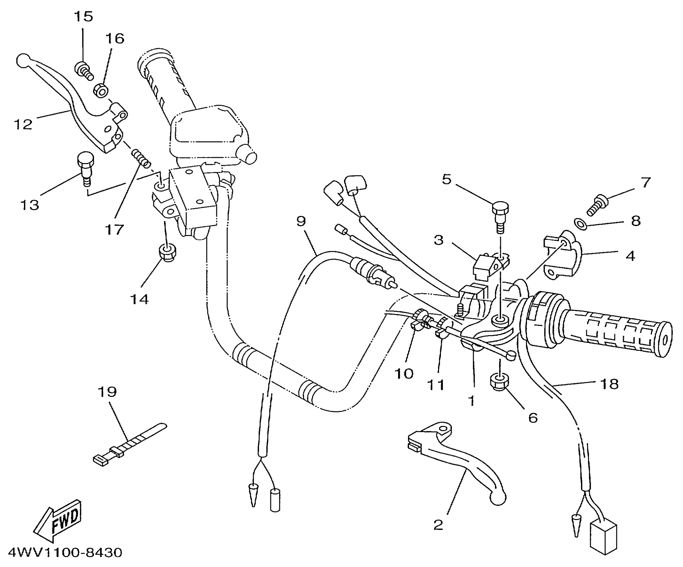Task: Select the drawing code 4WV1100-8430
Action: [65, 553]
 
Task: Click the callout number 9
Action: [301, 220]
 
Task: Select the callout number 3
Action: [438, 239]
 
